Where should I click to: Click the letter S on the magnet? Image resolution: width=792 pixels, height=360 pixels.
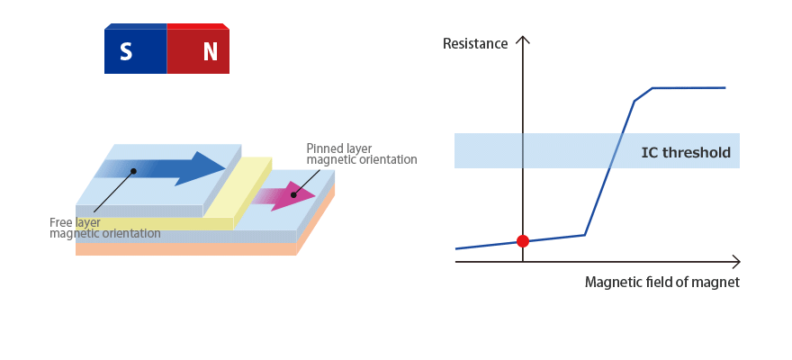(126, 52)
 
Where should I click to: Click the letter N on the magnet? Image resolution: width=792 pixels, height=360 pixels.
(210, 52)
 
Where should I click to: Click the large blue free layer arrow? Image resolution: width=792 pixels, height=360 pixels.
(171, 168)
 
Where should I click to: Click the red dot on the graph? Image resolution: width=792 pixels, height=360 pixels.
(523, 240)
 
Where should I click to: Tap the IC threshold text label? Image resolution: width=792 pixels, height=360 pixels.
(686, 152)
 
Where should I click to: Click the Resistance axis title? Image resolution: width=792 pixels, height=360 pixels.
(475, 43)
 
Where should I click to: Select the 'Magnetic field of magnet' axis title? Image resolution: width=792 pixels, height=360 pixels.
(661, 282)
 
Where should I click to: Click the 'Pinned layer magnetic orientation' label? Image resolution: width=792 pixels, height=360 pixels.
(361, 154)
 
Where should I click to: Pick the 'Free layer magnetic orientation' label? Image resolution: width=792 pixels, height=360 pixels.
(104, 228)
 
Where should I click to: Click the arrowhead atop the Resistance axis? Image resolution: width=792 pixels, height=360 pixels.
(524, 40)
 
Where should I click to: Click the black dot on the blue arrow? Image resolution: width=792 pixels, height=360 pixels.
(133, 170)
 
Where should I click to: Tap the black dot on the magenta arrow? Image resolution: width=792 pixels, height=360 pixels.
(293, 194)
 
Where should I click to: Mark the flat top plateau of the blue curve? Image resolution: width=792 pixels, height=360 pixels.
(688, 88)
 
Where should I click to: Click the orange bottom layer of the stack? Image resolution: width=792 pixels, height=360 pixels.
(180, 249)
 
